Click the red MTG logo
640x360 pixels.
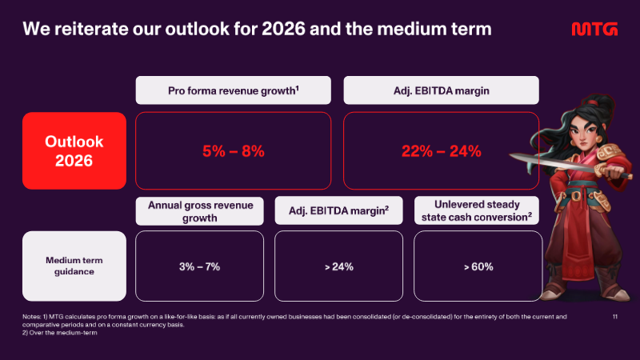point(594,29)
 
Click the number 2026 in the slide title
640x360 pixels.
point(283,29)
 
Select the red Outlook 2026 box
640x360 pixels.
point(74,150)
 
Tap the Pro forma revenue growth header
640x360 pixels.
point(233,90)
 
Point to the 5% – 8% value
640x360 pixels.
point(233,151)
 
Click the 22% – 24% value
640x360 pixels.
point(442,151)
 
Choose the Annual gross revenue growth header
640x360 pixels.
point(199,211)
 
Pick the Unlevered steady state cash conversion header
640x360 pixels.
point(476,210)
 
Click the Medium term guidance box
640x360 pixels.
point(74,266)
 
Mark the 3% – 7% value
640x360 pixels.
point(199,266)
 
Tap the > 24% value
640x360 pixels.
point(338,266)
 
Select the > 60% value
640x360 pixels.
point(478,266)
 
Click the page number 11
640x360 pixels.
point(615,316)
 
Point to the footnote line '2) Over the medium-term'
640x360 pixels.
point(59,333)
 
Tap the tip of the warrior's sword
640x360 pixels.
point(510,155)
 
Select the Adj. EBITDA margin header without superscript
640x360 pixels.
point(442,90)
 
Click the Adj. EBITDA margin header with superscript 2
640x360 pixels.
point(338,210)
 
